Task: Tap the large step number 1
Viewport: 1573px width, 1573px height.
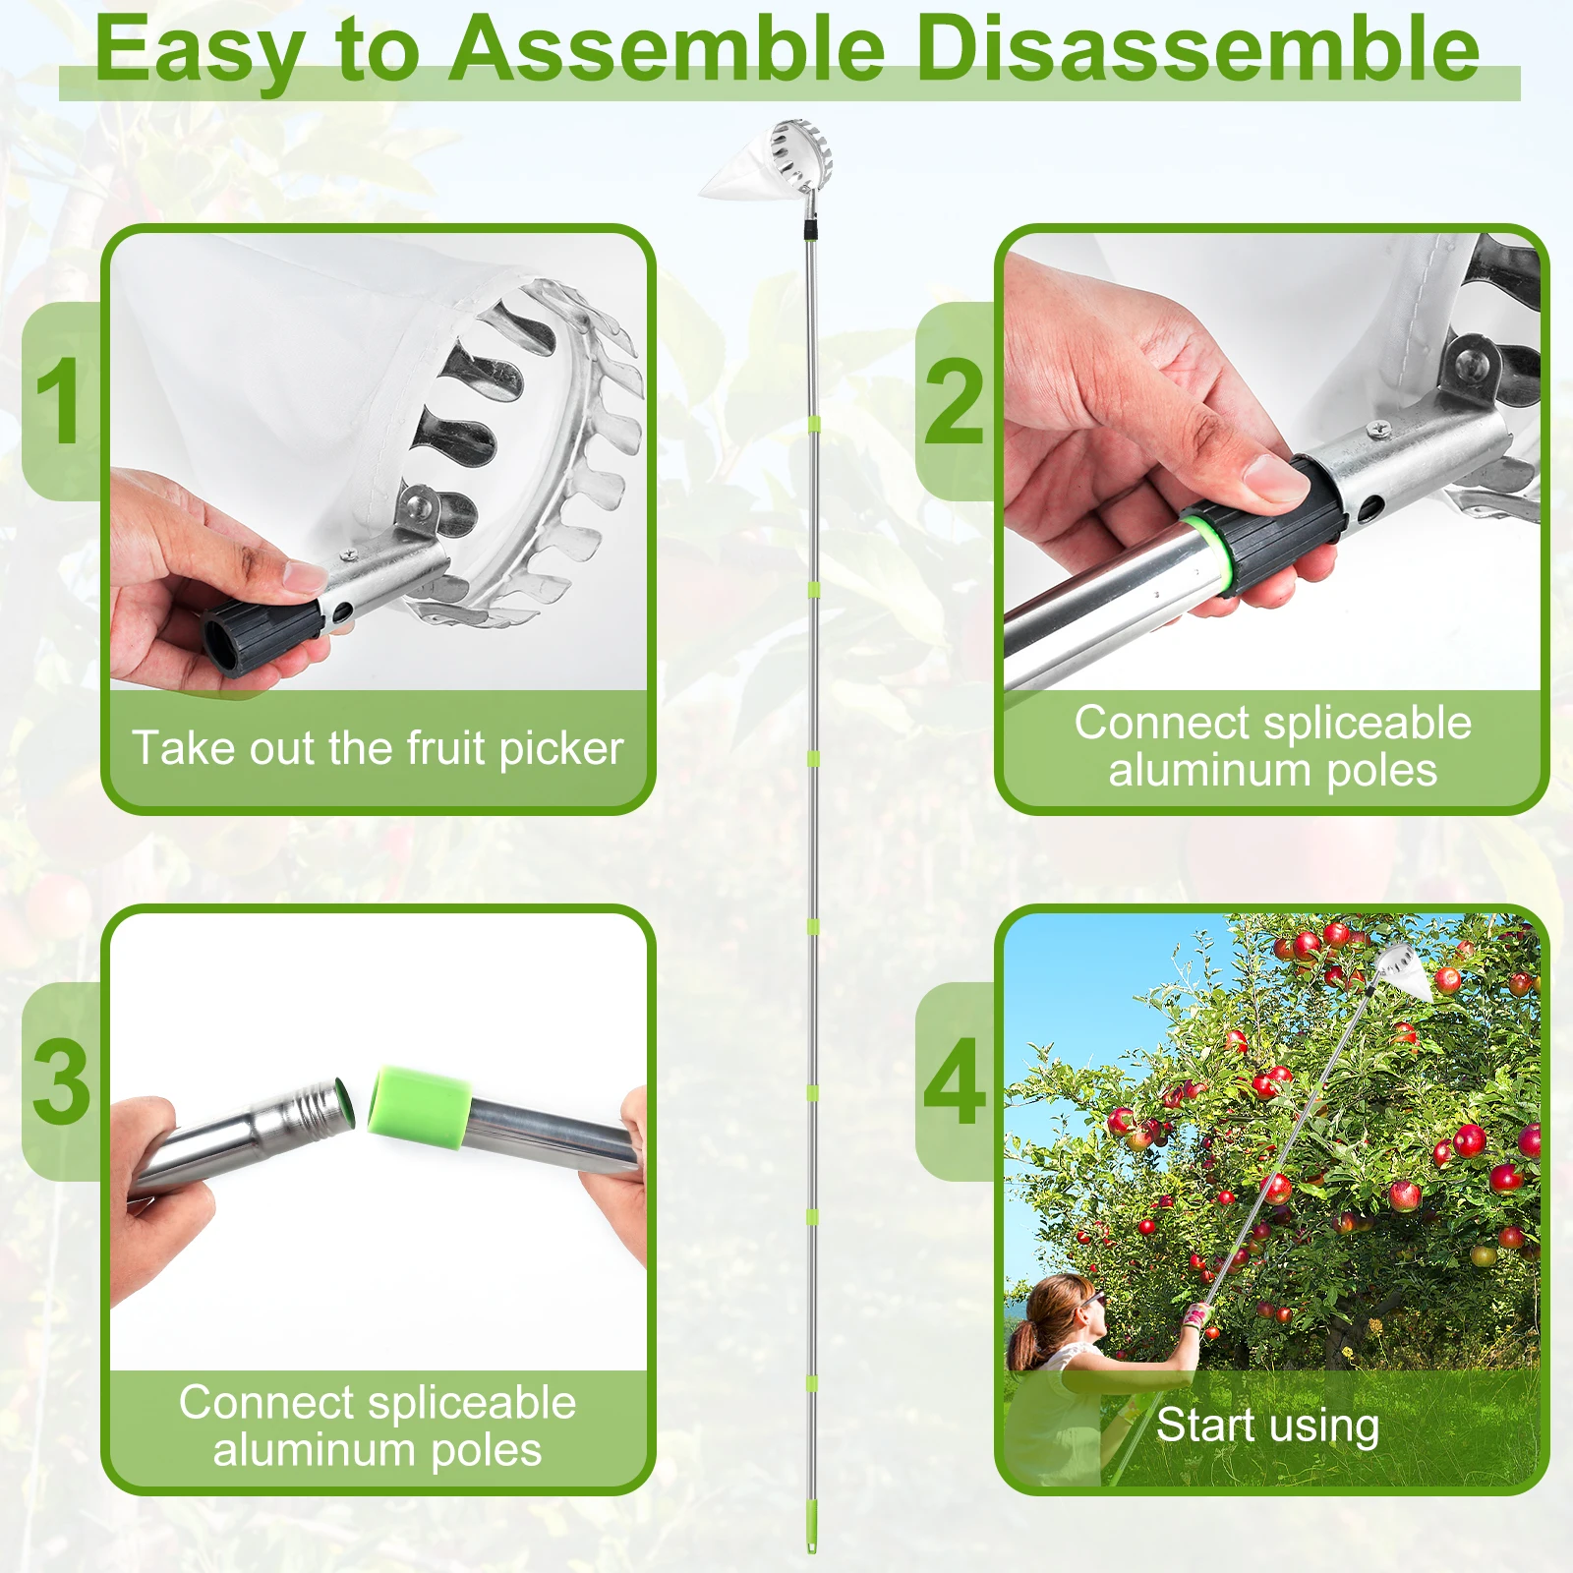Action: [58, 400]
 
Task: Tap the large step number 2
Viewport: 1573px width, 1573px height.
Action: [954, 401]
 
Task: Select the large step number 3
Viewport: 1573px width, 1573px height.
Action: [62, 1081]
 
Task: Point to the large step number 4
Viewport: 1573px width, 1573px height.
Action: [955, 1081]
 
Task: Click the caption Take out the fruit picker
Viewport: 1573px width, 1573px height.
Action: [378, 748]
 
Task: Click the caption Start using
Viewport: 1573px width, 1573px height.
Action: [1268, 1425]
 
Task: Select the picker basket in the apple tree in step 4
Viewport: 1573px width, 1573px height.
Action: [1404, 970]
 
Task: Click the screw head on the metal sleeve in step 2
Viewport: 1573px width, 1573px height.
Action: [1381, 427]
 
